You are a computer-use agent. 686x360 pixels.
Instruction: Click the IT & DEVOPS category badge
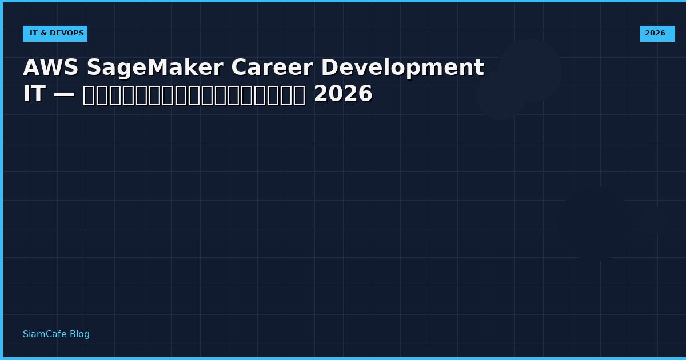55,34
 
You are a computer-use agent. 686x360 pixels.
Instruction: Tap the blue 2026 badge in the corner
657,34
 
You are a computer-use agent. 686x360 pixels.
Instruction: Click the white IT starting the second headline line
34,94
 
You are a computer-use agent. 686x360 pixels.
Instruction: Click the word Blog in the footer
79,334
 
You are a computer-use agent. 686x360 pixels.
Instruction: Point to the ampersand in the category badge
43,34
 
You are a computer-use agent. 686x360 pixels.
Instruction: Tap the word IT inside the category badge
34,34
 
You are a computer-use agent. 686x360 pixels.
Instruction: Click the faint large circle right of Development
530,70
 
